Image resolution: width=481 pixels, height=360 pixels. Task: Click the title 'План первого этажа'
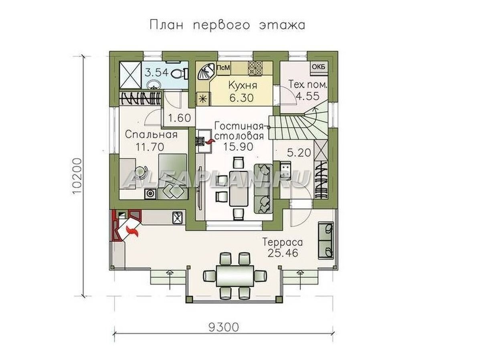tap(227, 24)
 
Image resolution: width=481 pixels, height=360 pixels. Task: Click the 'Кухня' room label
tap(243, 85)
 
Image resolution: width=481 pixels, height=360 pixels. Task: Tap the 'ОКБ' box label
tap(318, 67)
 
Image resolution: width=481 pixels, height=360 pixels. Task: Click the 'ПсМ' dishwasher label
tap(223, 68)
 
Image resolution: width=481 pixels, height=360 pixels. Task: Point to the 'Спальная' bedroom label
tap(151, 134)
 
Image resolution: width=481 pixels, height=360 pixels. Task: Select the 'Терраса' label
tap(282, 242)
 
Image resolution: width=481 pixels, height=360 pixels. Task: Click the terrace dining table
tap(235, 275)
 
